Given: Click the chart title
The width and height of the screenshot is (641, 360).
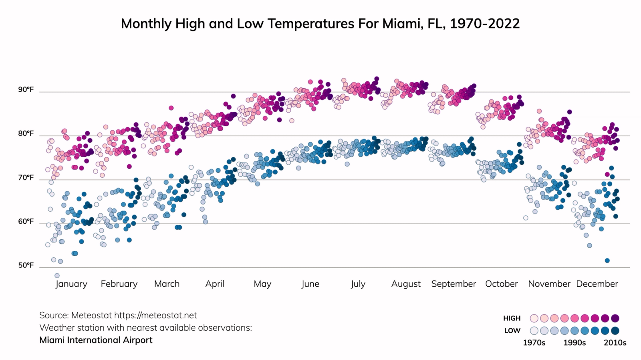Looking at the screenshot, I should [320, 24].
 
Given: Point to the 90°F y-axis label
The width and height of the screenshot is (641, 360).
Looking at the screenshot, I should [26, 89].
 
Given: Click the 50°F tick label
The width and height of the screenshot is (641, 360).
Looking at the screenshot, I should [26, 265].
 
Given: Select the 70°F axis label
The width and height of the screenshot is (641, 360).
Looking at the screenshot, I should [26, 178].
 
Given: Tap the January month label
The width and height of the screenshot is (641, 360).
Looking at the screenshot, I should [71, 284].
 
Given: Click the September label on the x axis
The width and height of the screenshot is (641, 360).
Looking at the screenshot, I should [454, 284].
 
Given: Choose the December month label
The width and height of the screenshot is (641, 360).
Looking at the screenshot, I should [597, 284].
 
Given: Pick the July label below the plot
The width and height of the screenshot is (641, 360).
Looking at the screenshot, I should [358, 284].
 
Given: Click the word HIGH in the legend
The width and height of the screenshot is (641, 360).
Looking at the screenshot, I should [512, 318].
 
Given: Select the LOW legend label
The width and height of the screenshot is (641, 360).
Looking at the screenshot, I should [512, 331].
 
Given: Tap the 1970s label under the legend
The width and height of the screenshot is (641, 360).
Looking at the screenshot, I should [534, 343].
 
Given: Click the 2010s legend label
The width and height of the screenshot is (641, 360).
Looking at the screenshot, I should [615, 343].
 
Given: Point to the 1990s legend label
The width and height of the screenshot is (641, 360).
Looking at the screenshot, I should [574, 343].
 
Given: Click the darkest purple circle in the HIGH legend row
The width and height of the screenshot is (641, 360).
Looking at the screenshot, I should [615, 318].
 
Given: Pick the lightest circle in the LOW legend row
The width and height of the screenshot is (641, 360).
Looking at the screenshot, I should [534, 331].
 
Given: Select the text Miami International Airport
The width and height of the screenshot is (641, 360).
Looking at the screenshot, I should [96, 340].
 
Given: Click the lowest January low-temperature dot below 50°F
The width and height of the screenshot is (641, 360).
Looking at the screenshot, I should [57, 275].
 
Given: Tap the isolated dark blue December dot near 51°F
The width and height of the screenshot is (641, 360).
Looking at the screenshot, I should [607, 261].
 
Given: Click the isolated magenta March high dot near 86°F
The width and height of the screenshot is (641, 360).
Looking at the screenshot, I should [171, 108].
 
